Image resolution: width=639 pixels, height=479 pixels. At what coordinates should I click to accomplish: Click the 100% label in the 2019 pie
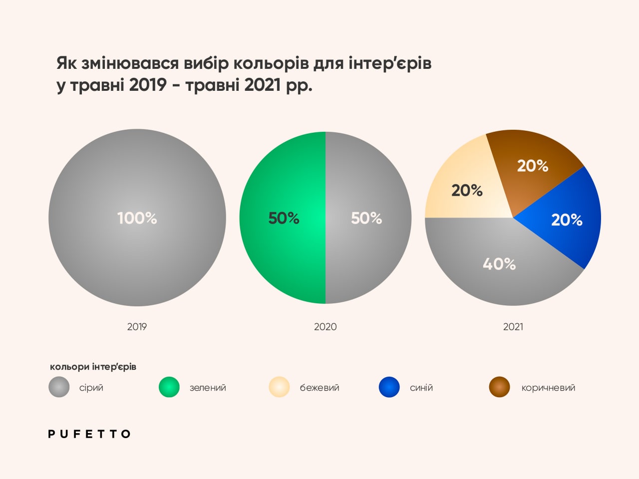point(137,218)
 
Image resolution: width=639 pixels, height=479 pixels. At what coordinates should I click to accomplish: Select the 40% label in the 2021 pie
point(499,263)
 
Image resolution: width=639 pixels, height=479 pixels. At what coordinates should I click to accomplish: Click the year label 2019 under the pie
point(137,327)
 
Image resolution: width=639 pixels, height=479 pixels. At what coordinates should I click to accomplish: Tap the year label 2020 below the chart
point(325,327)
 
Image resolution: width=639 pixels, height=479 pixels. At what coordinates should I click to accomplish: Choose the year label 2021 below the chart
point(513,327)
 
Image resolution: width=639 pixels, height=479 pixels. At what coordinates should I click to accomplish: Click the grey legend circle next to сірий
point(59,387)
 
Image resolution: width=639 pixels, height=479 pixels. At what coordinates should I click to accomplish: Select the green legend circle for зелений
point(169,387)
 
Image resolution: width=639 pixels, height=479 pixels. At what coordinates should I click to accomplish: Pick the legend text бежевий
point(319,388)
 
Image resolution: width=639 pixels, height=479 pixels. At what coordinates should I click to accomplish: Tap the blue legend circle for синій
point(389,387)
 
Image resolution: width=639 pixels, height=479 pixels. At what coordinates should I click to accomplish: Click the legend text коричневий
point(548,388)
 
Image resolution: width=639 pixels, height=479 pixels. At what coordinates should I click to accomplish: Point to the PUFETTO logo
point(89,434)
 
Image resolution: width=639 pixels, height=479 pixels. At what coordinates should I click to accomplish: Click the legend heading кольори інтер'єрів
point(93,367)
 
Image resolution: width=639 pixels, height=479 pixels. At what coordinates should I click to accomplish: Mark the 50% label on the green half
point(284,218)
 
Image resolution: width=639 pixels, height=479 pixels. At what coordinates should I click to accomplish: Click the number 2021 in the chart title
point(263,85)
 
